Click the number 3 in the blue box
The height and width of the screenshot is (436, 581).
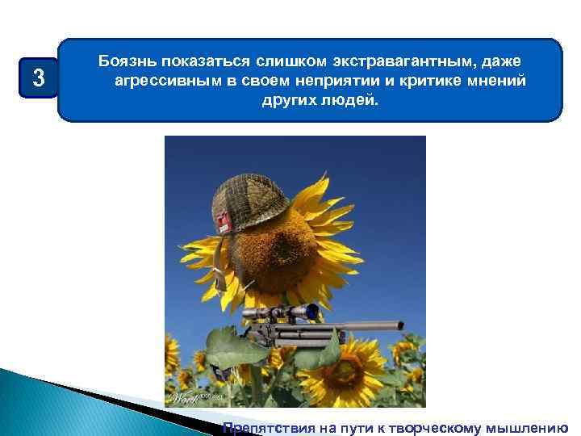coord(36,78)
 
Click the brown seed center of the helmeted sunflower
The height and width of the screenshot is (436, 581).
coord(278,254)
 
